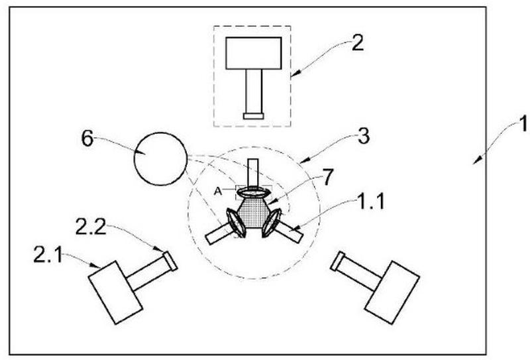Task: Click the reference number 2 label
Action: (358, 43)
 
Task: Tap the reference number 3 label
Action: (363, 137)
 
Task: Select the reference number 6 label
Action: (87, 139)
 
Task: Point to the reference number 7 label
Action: (327, 177)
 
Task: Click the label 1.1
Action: (371, 202)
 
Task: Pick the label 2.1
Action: (48, 255)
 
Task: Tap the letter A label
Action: (218, 192)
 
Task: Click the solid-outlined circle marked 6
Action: (160, 158)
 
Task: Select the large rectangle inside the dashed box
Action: (254, 53)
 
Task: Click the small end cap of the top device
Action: (254, 116)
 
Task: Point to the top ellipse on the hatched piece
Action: (254, 192)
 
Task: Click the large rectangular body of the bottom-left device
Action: (115, 292)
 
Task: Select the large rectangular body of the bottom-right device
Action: (392, 292)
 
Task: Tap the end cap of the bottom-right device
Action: (337, 261)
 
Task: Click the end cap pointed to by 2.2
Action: (170, 261)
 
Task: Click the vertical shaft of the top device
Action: (254, 91)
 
